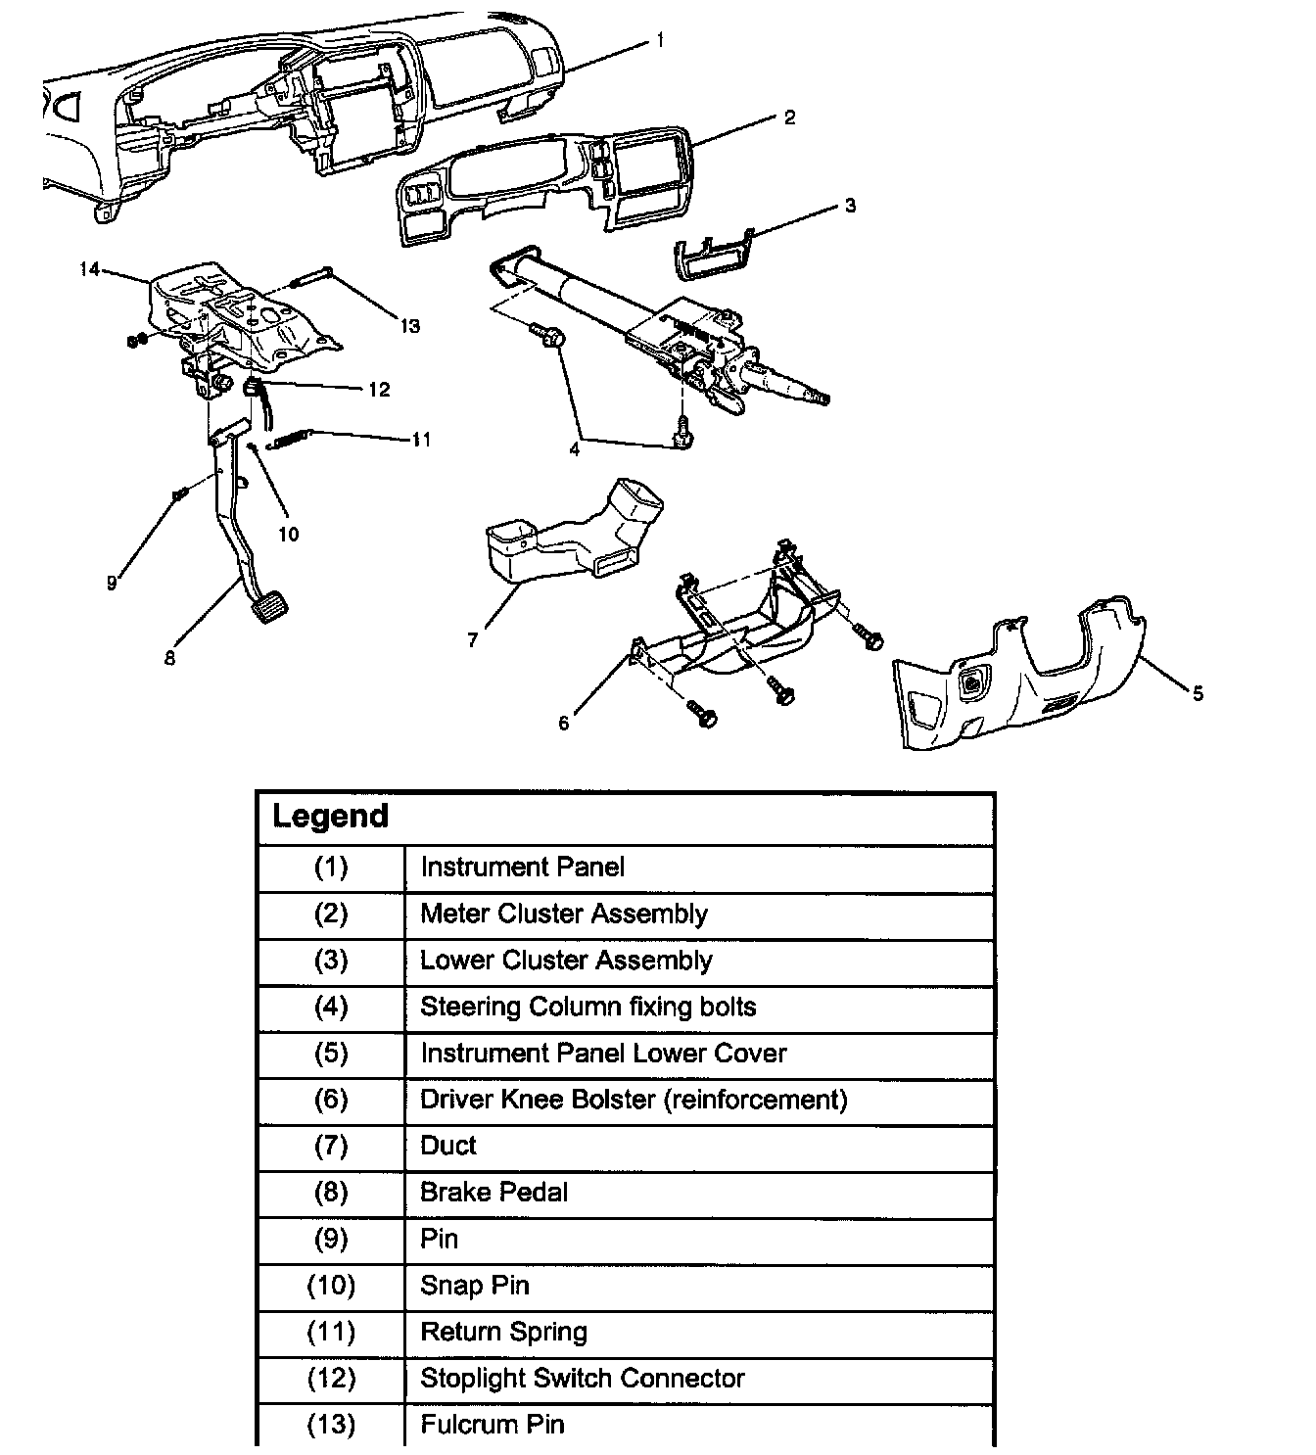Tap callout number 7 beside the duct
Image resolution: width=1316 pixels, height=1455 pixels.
click(x=473, y=640)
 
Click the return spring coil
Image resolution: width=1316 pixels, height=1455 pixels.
click(x=292, y=440)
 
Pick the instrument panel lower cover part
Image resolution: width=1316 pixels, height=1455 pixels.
click(x=1018, y=685)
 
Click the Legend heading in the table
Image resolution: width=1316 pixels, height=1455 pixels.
click(x=330, y=817)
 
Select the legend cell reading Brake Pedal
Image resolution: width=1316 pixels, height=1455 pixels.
click(x=493, y=1193)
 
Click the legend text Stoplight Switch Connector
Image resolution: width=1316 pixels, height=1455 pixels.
click(x=582, y=1379)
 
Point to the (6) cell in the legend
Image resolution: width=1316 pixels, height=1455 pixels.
click(x=331, y=1100)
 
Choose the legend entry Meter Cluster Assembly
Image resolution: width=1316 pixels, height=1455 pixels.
click(x=563, y=914)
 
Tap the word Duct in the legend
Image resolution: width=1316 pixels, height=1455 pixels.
click(x=448, y=1146)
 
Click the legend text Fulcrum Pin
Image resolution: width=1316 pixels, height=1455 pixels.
click(x=492, y=1425)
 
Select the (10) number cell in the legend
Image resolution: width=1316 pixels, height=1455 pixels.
click(x=331, y=1286)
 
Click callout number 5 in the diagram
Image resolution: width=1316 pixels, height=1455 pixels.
click(x=1198, y=694)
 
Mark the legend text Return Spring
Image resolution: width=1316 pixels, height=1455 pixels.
click(x=503, y=1332)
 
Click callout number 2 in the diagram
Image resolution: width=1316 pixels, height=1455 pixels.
click(x=789, y=117)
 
